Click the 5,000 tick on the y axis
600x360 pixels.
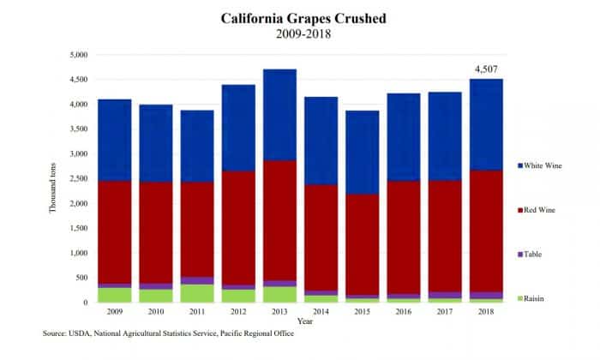click(x=79, y=55)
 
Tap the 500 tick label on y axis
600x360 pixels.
click(x=82, y=279)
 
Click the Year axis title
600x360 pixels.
click(x=303, y=321)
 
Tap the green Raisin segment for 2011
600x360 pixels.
click(x=198, y=293)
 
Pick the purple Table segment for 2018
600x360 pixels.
click(x=484, y=295)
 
